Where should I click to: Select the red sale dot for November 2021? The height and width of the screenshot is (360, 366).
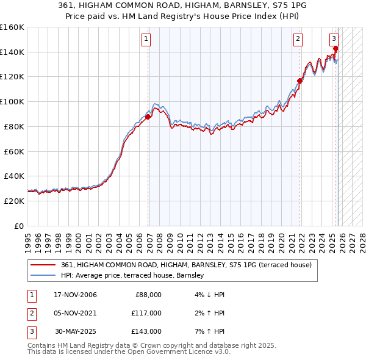(300, 80)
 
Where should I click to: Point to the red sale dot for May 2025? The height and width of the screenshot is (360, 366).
(335, 48)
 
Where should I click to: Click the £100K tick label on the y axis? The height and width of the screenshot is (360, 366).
(12, 101)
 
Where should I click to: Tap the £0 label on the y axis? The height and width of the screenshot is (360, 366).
(19, 226)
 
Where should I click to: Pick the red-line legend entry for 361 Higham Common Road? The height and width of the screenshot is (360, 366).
(186, 265)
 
